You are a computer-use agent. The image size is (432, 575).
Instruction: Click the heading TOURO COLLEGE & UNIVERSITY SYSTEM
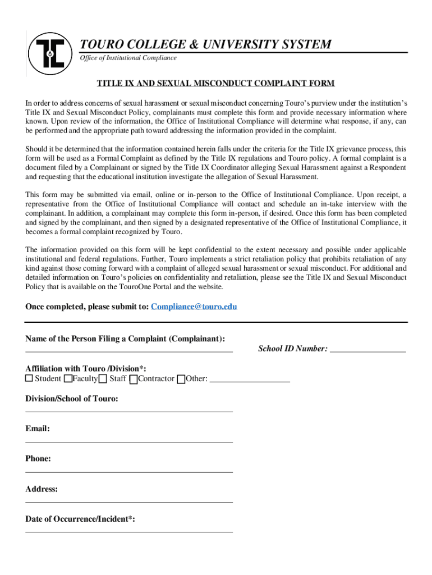(205, 44)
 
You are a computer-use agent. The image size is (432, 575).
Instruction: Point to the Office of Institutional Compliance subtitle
(128, 58)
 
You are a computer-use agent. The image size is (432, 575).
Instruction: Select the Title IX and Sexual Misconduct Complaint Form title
(216, 83)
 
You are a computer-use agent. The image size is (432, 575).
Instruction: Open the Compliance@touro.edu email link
(194, 307)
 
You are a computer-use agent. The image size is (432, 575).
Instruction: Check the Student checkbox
(29, 379)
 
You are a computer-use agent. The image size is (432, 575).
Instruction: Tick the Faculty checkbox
(68, 379)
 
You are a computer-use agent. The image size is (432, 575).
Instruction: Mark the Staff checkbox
(103, 379)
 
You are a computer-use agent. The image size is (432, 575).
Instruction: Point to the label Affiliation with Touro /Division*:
(86, 368)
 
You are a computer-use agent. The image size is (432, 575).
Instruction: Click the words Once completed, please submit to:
(87, 307)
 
